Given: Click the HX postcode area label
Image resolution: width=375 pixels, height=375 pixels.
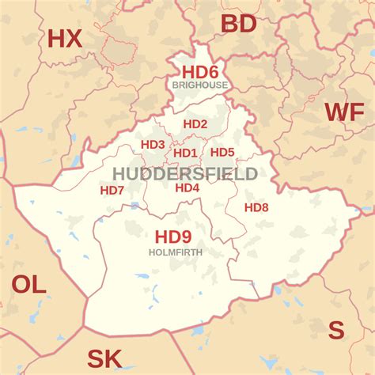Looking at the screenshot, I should (65, 38).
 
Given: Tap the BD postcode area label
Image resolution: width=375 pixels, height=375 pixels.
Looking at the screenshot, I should (238, 24).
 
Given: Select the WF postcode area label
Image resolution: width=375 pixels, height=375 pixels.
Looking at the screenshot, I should (345, 112).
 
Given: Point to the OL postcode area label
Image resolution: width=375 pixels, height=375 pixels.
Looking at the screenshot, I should (29, 285).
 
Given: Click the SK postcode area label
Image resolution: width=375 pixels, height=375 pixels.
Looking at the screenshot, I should (104, 359).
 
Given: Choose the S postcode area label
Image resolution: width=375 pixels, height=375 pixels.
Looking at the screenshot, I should (336, 330).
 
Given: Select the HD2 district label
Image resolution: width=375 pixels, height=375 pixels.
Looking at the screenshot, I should (195, 124).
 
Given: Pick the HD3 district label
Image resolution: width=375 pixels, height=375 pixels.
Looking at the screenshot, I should (153, 145).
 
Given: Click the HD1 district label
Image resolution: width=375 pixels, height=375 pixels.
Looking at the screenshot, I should (185, 153).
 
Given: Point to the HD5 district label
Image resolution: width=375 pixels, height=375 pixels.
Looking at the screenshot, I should (222, 153).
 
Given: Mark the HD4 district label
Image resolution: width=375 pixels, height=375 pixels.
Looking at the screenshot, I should (187, 187).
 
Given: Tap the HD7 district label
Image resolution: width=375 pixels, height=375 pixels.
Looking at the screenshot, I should (112, 191).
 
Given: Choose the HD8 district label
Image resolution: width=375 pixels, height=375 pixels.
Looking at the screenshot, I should (256, 207).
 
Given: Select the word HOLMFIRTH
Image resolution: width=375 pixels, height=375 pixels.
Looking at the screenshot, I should (176, 252).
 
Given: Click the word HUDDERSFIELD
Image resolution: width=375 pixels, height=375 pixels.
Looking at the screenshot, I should (184, 173).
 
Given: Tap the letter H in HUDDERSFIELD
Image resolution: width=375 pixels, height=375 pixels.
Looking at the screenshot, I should (119, 173).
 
